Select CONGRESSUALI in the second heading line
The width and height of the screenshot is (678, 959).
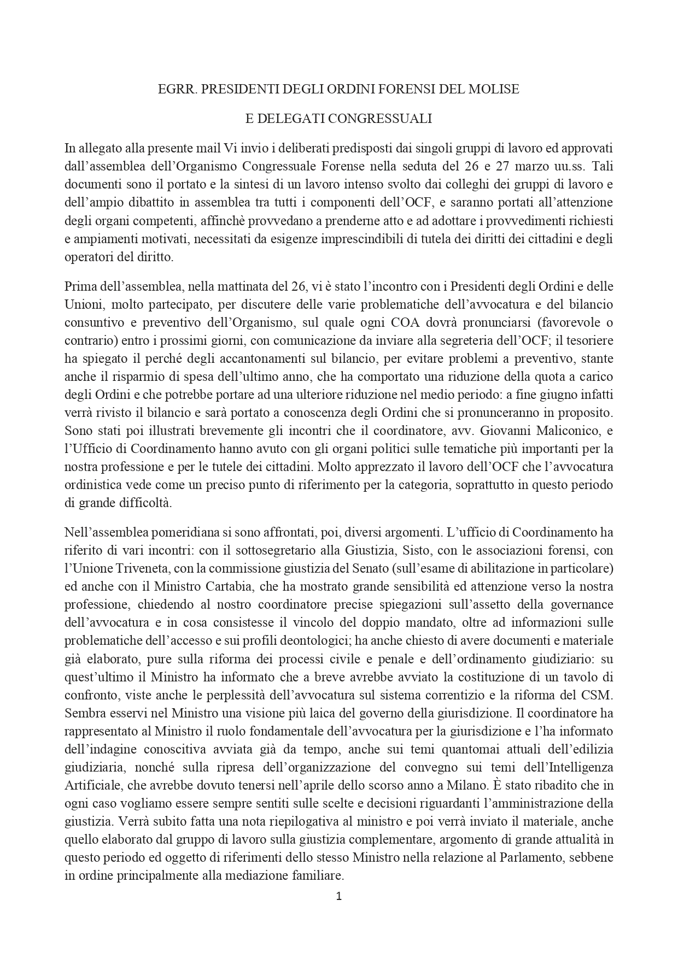[x=384, y=119]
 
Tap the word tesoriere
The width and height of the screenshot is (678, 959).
[x=588, y=340]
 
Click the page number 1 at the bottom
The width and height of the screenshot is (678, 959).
[x=338, y=896]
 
